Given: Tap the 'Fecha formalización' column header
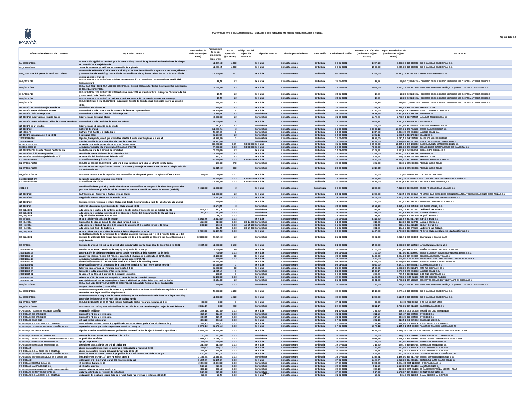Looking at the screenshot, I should click(340, 54).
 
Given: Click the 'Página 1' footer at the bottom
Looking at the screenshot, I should click(261, 402).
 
